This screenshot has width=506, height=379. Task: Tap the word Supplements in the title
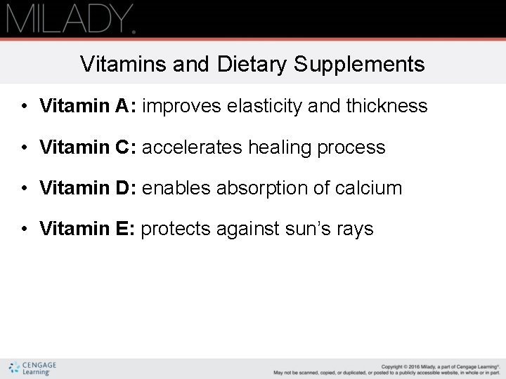pyautogui.click(x=360, y=65)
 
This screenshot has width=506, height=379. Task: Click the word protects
pyautogui.click(x=176, y=230)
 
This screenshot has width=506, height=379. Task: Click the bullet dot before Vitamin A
pyautogui.click(x=23, y=107)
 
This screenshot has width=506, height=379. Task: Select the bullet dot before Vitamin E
pyautogui.click(x=23, y=230)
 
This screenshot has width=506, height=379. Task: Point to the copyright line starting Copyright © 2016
pyautogui.click(x=440, y=366)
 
